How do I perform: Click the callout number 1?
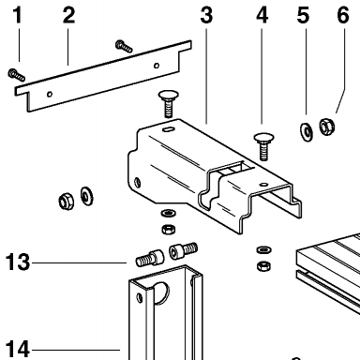click(18, 15)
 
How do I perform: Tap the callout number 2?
click(68, 15)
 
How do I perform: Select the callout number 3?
click(206, 15)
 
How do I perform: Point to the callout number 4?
click(262, 15)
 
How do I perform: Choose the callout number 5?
click(303, 15)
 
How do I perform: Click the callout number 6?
click(343, 15)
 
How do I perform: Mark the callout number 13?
click(18, 262)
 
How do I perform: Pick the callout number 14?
click(18, 349)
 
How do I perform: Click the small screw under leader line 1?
click(16, 74)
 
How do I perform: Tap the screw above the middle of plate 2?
click(124, 46)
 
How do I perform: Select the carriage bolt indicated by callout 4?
click(263, 146)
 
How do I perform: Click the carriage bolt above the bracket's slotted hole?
click(169, 104)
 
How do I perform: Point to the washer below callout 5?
click(307, 131)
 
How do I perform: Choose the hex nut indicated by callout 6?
click(327, 126)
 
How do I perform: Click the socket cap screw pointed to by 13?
click(150, 258)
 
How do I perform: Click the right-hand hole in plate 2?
click(157, 66)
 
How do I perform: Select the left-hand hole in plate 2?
click(50, 94)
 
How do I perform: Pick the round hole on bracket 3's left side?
click(137, 182)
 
